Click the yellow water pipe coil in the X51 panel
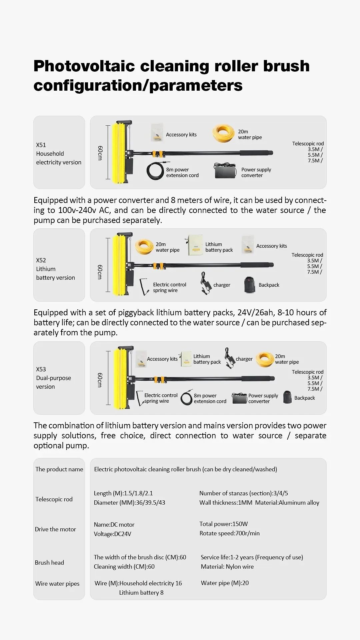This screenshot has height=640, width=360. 223,133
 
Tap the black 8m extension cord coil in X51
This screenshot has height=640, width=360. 155,171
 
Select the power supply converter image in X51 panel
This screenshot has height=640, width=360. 225,171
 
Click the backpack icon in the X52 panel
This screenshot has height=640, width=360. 249,285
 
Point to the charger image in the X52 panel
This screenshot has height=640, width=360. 206,284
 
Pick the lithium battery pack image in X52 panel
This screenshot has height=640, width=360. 195,245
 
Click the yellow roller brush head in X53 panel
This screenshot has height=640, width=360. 120,378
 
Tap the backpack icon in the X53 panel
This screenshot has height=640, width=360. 287,397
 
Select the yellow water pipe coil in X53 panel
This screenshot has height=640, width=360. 265,359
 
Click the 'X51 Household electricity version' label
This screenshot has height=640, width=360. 59,154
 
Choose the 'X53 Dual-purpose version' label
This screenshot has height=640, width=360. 53,378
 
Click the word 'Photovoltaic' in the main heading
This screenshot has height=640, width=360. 84,66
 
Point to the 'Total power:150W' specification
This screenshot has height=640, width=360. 223,524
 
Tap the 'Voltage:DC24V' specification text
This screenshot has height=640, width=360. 112,534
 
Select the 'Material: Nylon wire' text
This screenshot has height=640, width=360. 227,567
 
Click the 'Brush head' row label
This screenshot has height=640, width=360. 49,563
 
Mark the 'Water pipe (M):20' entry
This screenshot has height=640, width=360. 225,583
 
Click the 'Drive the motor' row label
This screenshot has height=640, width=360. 55,529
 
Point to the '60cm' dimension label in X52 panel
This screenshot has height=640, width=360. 100,272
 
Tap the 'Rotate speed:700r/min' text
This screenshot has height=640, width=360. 229,533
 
